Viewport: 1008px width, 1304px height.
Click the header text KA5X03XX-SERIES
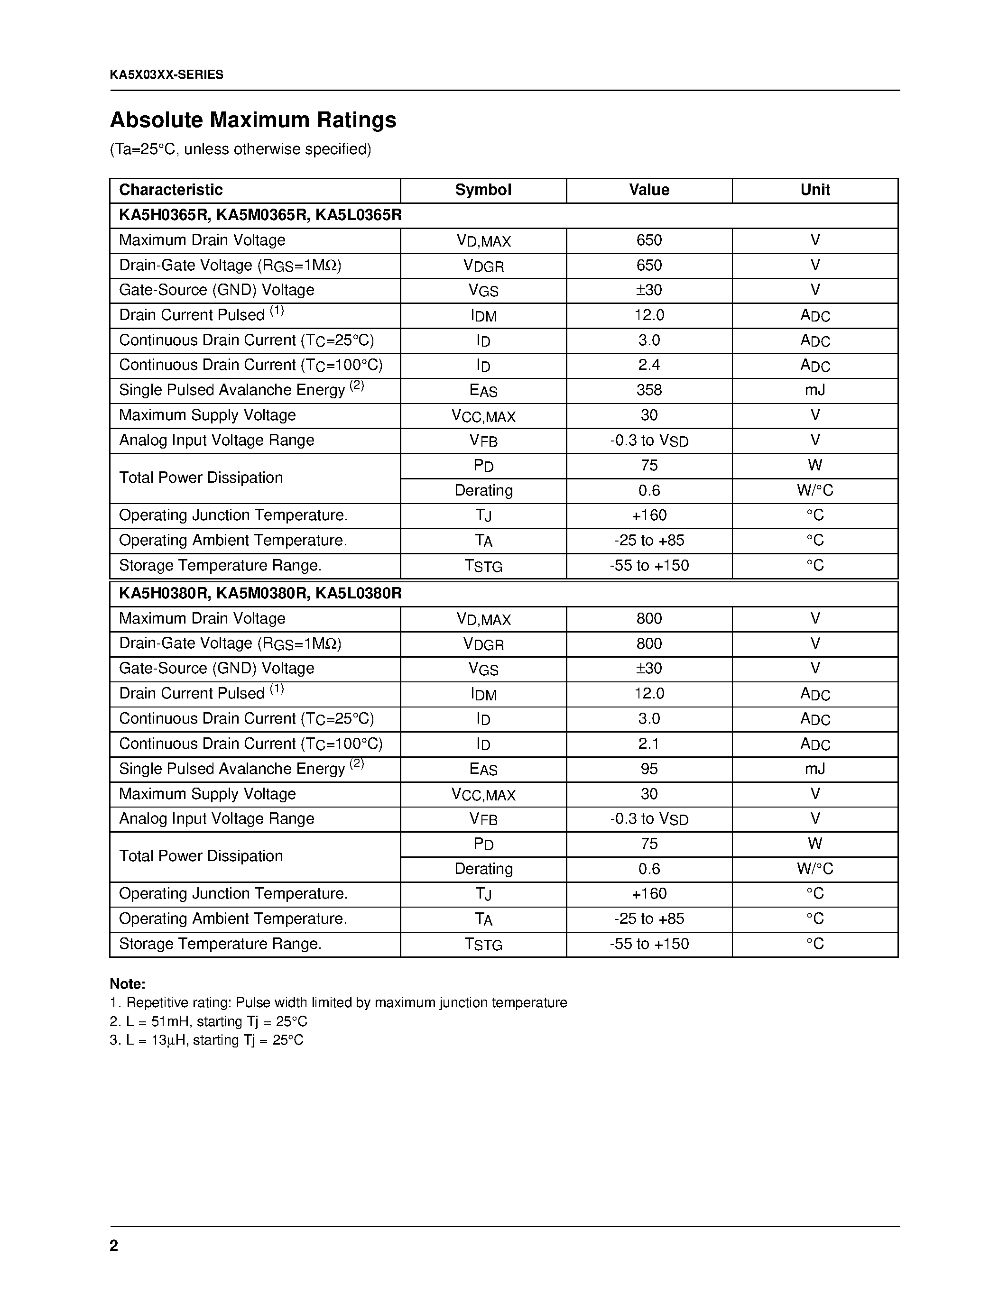pos(166,74)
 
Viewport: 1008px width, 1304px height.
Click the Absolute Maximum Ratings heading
pos(253,120)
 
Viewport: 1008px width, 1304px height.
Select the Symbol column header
pos(483,190)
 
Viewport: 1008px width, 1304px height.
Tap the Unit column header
pos(815,190)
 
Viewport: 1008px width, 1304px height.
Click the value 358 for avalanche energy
pos(649,390)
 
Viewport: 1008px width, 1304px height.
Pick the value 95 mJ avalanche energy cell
pos(649,769)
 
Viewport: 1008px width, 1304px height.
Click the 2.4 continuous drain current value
pos(649,365)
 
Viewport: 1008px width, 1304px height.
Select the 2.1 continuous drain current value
pos(649,744)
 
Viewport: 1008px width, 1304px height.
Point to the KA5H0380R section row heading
pos(260,594)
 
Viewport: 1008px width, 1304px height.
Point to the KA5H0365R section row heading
pos(260,215)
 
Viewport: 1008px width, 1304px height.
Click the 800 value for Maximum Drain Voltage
pos(649,618)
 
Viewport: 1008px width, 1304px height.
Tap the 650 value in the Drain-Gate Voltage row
pos(649,265)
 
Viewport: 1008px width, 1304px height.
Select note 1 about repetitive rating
pos(338,1002)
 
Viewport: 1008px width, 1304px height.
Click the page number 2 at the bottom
pos(114,1246)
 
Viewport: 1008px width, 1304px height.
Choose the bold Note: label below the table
pos(127,984)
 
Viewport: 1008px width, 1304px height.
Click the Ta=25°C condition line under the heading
pos(240,149)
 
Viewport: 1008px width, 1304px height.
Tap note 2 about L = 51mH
pos(208,1021)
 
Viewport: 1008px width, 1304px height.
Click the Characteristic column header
pos(171,190)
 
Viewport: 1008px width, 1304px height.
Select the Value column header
pos(649,190)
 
